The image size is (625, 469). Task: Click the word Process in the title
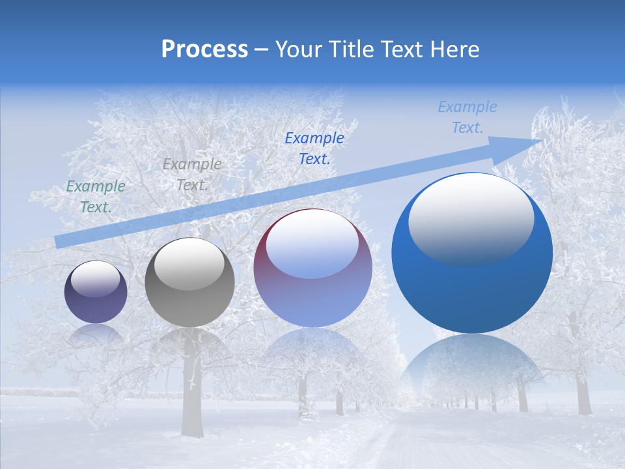(204, 50)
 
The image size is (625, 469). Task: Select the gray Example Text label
(191, 175)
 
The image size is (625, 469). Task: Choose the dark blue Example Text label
(314, 148)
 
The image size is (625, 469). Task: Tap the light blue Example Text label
(467, 117)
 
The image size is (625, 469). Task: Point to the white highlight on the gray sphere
(189, 264)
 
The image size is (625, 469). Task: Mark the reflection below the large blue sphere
(472, 365)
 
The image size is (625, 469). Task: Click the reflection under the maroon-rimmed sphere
(312, 352)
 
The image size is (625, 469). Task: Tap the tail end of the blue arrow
(60, 242)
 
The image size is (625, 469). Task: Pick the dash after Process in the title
(262, 50)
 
